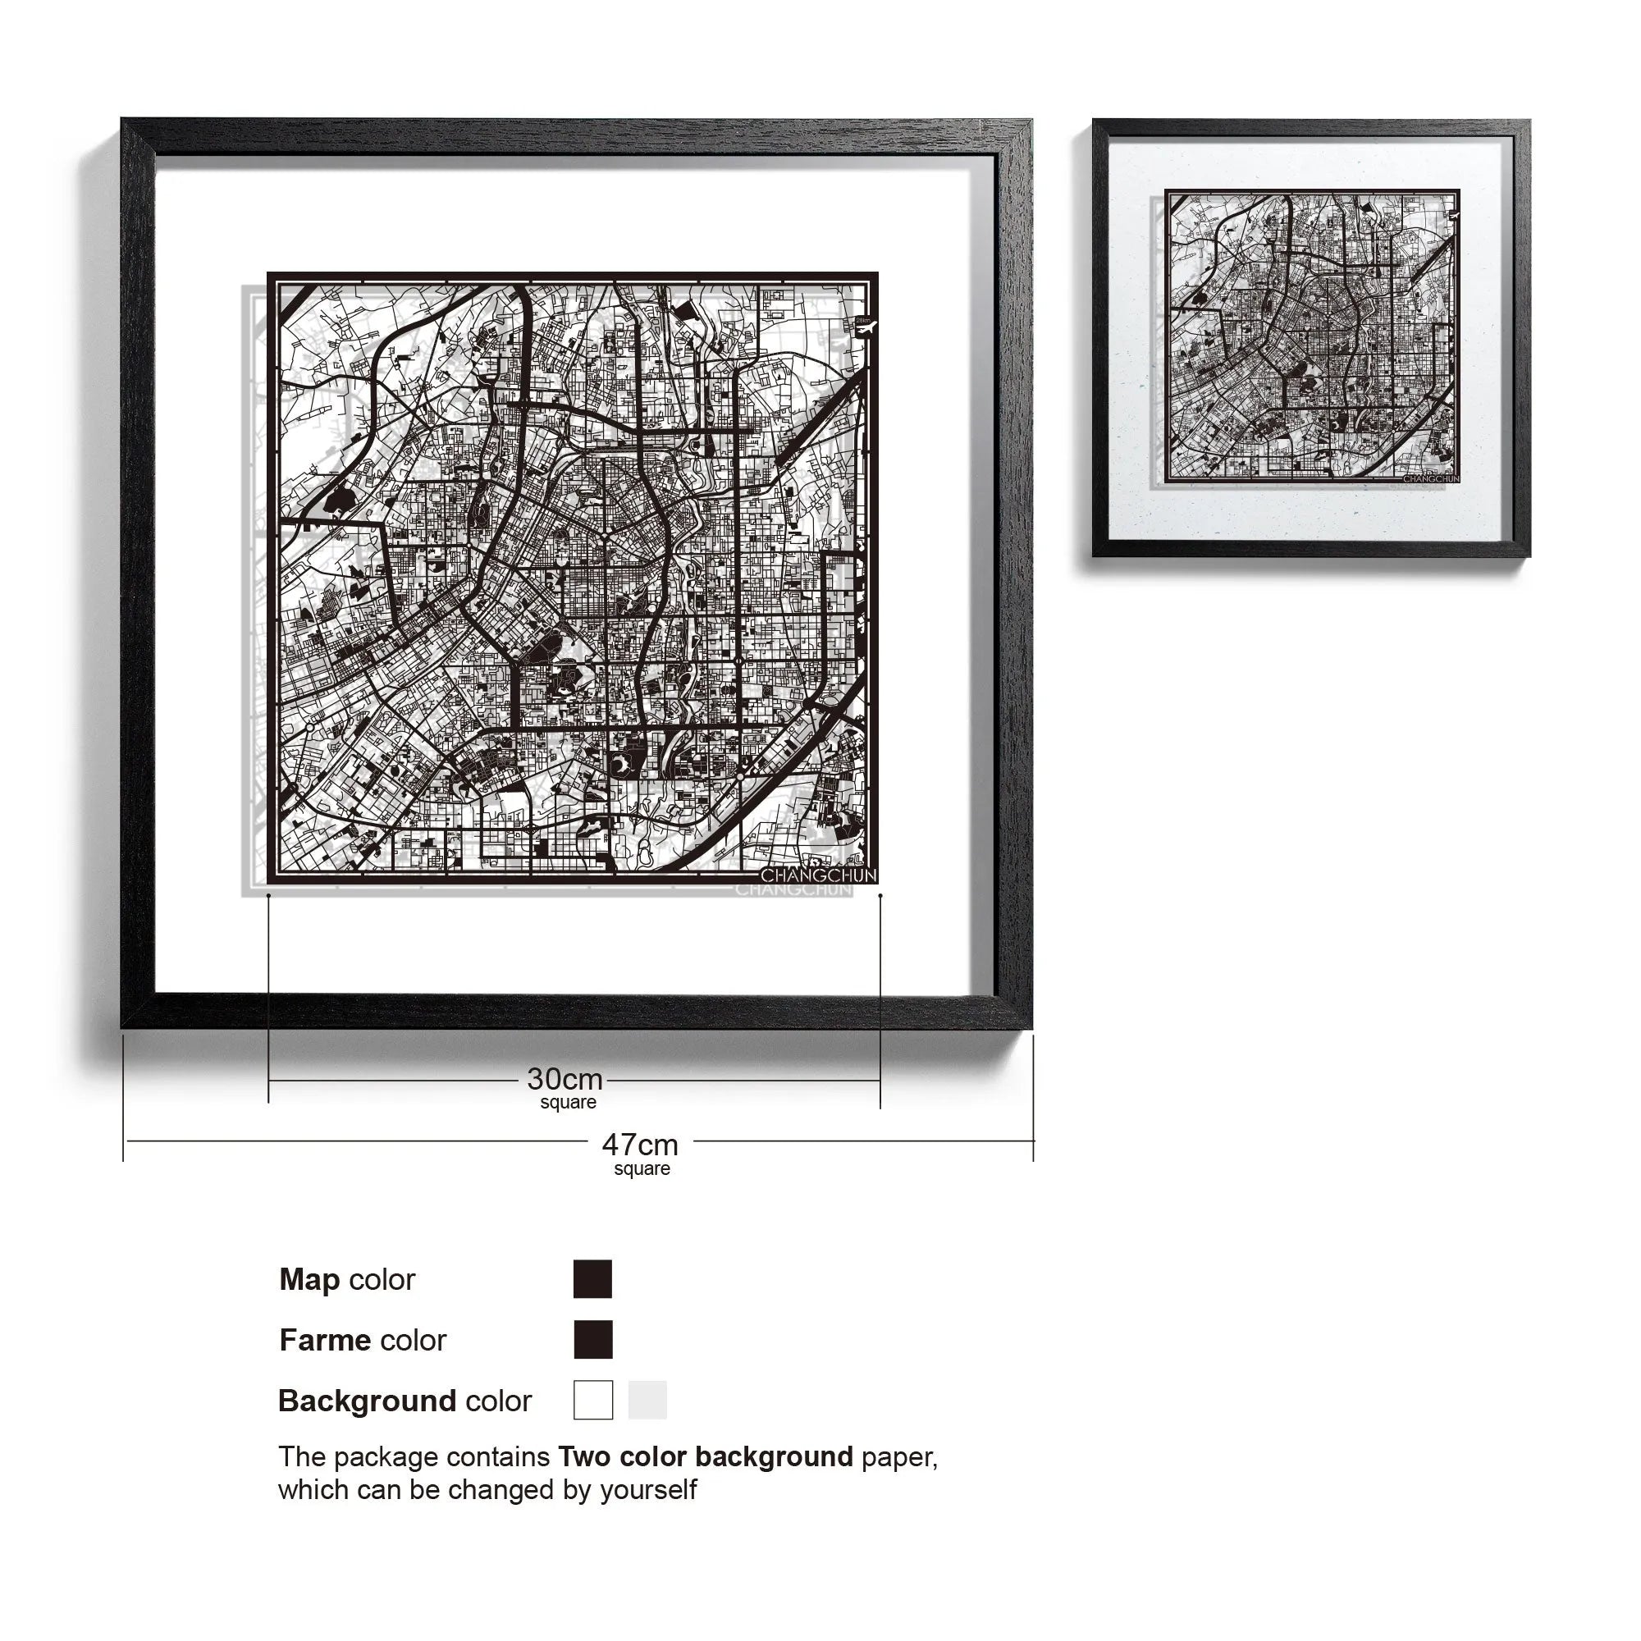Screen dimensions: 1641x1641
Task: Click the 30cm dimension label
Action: (565, 1079)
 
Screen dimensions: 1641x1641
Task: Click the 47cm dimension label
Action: (640, 1145)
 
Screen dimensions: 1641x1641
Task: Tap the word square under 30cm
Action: (569, 1103)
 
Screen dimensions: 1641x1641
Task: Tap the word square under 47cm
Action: (642, 1168)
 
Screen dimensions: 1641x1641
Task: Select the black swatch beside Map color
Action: (592, 1279)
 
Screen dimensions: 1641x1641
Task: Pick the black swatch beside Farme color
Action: (592, 1340)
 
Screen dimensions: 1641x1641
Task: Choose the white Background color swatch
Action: (592, 1400)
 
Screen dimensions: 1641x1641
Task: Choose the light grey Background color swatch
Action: (647, 1400)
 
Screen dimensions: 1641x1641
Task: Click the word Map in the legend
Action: (309, 1279)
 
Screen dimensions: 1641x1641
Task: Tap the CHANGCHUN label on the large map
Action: (817, 875)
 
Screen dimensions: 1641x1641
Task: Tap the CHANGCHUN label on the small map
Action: (1431, 479)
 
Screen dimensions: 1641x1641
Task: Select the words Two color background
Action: (705, 1456)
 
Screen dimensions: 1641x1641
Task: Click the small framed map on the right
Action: (1310, 338)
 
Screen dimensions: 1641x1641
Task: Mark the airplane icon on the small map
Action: (1451, 216)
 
